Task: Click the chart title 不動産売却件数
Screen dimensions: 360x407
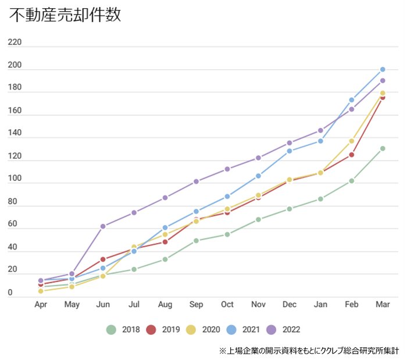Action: coord(65,16)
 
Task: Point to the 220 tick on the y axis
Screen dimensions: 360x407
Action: coord(15,42)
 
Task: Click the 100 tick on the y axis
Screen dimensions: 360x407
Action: coord(15,179)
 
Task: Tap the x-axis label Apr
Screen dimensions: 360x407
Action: coord(41,304)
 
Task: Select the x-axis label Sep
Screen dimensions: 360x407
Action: coord(196,304)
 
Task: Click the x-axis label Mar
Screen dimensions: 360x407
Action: coord(382,304)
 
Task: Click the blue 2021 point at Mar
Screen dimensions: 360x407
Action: coord(383,69)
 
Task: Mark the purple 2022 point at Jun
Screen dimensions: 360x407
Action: coord(103,226)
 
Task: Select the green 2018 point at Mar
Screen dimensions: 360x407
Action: coord(383,148)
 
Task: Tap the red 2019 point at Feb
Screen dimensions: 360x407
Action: coord(352,155)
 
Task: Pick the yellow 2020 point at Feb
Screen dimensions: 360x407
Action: coord(352,141)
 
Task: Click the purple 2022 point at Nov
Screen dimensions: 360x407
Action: coord(258,158)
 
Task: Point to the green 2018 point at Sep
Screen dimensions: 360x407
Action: coord(196,241)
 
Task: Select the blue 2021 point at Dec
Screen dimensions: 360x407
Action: coord(290,151)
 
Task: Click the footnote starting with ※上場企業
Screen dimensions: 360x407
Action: coord(309,351)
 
